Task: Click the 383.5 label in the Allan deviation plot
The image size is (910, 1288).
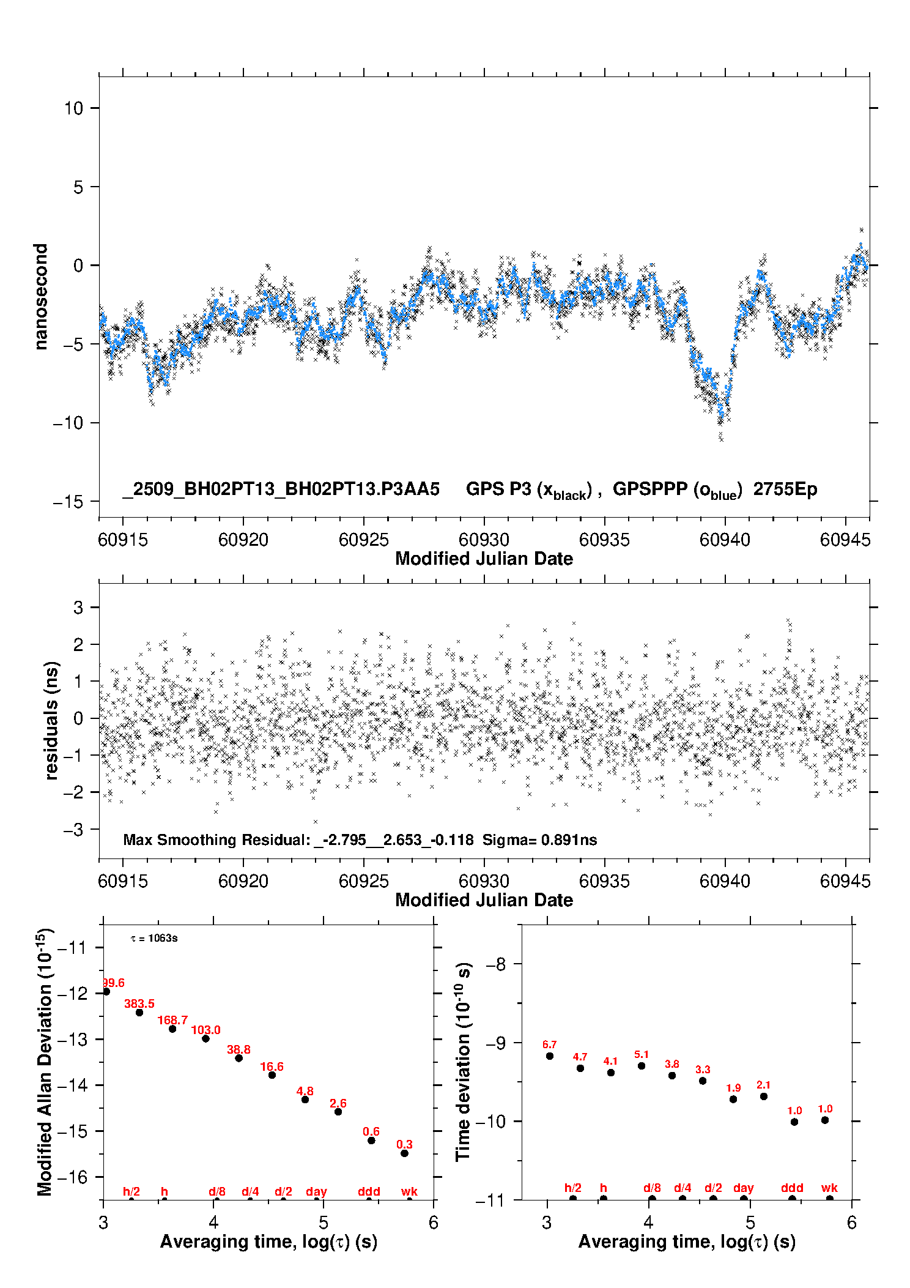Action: (139, 1003)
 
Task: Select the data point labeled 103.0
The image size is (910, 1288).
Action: (205, 1038)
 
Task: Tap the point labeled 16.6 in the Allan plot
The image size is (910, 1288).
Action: (272, 1075)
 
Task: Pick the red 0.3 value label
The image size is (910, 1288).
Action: (404, 1144)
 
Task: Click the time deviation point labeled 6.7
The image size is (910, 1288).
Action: (550, 1056)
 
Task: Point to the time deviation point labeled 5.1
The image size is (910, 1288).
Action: (642, 1066)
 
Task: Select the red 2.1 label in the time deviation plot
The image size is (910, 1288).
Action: (763, 1085)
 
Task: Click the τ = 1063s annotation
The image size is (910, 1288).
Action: (154, 939)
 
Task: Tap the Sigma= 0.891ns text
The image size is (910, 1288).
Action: (539, 840)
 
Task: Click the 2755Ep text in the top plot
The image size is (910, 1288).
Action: (785, 490)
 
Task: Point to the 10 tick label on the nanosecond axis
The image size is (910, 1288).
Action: (73, 108)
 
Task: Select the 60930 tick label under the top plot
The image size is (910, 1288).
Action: (484, 540)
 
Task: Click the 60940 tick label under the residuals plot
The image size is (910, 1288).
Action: (725, 881)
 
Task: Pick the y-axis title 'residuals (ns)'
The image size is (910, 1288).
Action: (52, 721)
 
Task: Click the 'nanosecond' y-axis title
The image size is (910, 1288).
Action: (41, 297)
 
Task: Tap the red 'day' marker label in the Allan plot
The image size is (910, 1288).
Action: (316, 1191)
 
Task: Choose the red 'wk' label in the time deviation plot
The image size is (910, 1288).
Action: (829, 1188)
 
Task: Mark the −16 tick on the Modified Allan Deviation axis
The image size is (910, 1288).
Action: (72, 1177)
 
